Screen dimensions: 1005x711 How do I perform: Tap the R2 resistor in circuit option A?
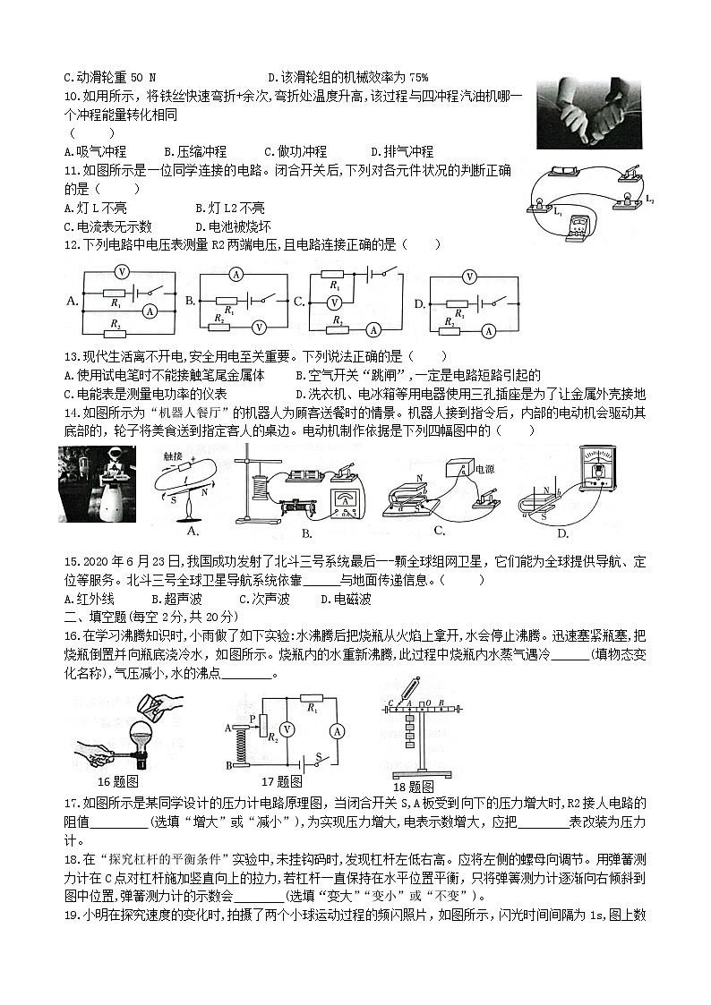tap(113, 328)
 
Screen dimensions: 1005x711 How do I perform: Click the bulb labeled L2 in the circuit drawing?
tap(624, 197)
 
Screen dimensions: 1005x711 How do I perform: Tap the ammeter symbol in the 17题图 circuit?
tap(336, 730)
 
